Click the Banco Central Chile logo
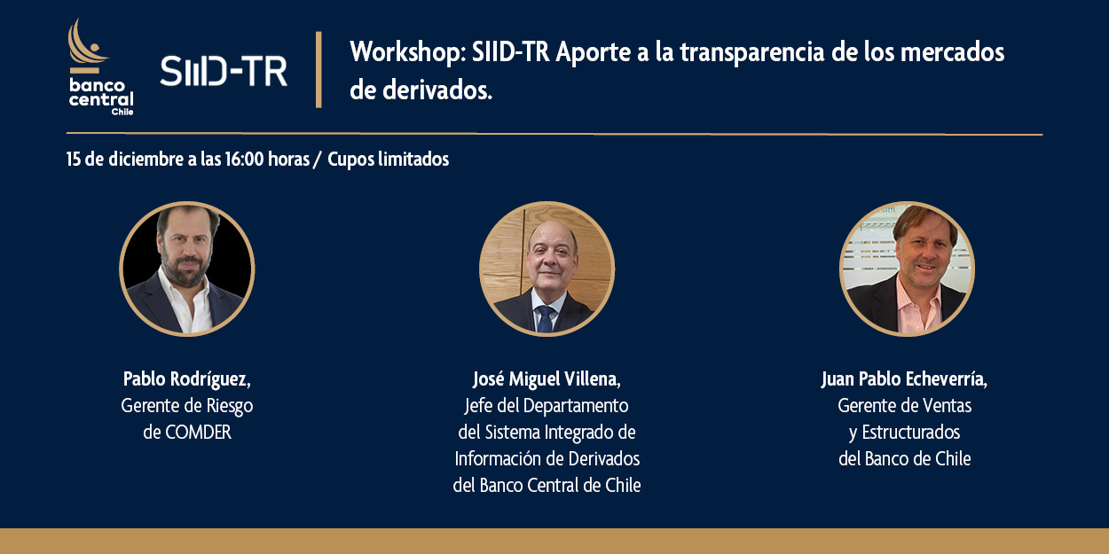(101, 67)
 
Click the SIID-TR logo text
(224, 71)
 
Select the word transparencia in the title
(752, 53)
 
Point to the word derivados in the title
(437, 90)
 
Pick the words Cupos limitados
(389, 160)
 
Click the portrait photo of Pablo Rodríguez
(187, 269)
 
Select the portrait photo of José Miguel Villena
(547, 269)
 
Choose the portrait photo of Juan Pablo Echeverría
(907, 269)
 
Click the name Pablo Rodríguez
(186, 379)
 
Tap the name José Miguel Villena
(547, 379)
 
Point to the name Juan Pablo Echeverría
(905, 379)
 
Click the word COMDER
(198, 433)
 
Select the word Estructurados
(911, 433)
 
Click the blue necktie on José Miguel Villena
(545, 318)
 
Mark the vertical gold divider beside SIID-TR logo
(319, 70)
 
